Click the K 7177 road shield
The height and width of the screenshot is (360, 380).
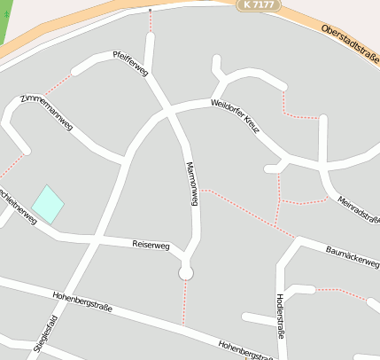click(259, 5)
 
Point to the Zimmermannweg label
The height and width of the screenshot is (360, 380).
click(48, 111)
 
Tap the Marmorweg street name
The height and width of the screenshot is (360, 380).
click(191, 184)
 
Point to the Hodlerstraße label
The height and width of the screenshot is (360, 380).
click(281, 315)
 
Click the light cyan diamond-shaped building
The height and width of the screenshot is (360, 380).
click(48, 205)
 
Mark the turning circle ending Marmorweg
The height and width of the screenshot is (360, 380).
click(186, 273)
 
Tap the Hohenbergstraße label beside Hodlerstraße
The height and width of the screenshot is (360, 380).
click(244, 348)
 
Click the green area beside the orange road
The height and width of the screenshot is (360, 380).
click(7, 22)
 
